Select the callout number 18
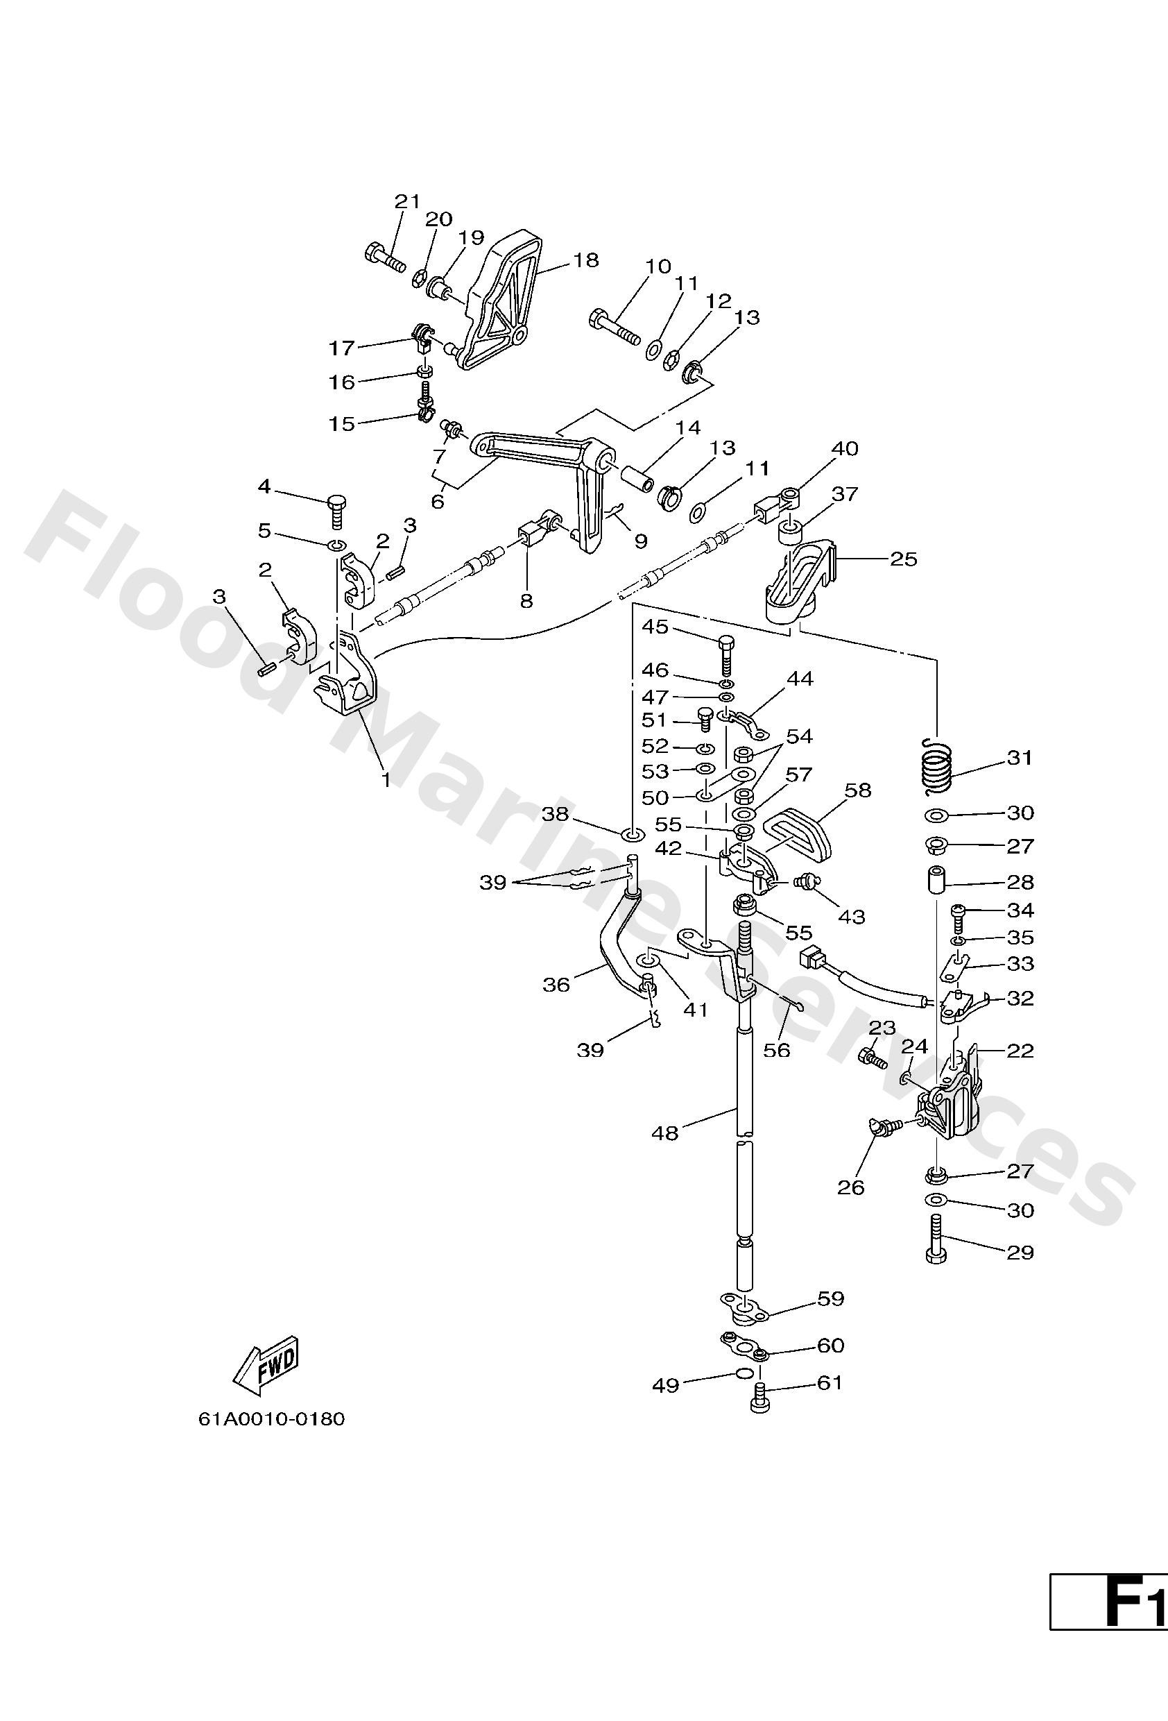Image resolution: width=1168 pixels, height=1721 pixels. tap(585, 261)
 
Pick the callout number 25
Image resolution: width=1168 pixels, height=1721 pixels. tap(903, 559)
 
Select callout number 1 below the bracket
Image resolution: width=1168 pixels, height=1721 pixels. tap(385, 779)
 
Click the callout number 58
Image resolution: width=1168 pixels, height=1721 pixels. tap(859, 790)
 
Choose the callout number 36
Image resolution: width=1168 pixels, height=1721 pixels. tap(557, 984)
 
